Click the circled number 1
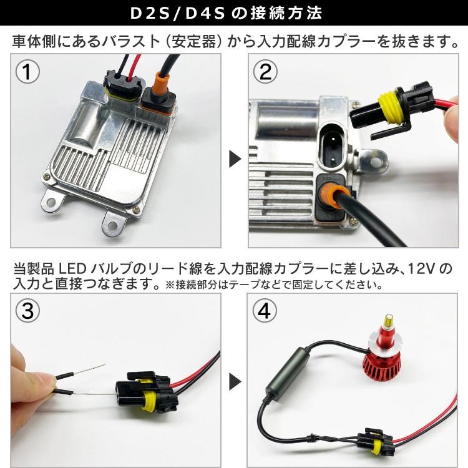click(27, 72)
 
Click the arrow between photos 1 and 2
click(235, 159)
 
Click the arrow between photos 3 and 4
click(235, 380)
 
